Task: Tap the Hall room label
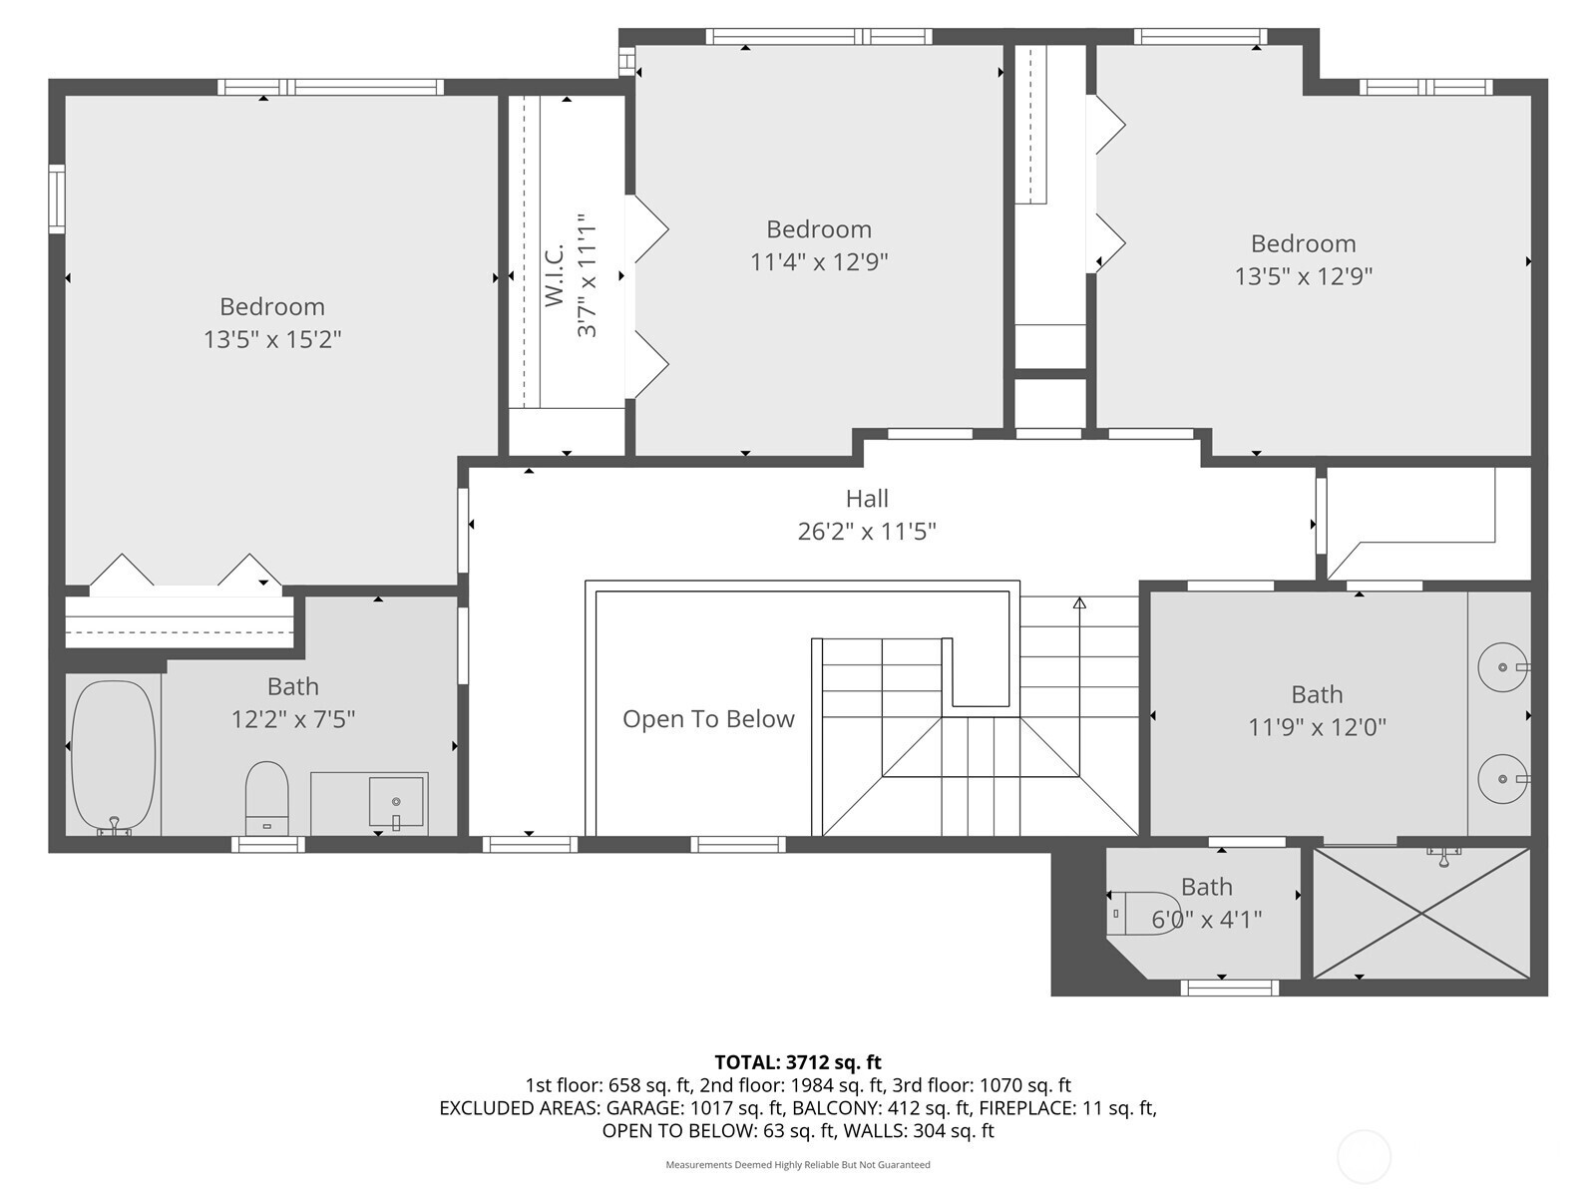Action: (x=867, y=499)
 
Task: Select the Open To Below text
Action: (x=708, y=719)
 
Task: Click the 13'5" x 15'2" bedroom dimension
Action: (x=272, y=339)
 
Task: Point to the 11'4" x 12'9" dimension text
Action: (x=819, y=261)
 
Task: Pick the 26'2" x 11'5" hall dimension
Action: (x=867, y=532)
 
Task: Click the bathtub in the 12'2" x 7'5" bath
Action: (x=114, y=757)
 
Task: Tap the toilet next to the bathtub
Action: (x=267, y=798)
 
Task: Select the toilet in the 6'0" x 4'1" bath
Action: (x=1142, y=914)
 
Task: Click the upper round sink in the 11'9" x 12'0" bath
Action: (x=1503, y=667)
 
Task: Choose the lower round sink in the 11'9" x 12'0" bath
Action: (x=1503, y=778)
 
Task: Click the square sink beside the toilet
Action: (x=396, y=802)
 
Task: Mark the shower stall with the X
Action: (x=1421, y=913)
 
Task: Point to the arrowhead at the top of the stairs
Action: (x=1079, y=602)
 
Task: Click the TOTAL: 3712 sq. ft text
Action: (x=798, y=1062)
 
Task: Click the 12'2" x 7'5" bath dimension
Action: (x=293, y=719)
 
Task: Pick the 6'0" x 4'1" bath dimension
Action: (x=1206, y=920)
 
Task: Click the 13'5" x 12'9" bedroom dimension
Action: (x=1303, y=276)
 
